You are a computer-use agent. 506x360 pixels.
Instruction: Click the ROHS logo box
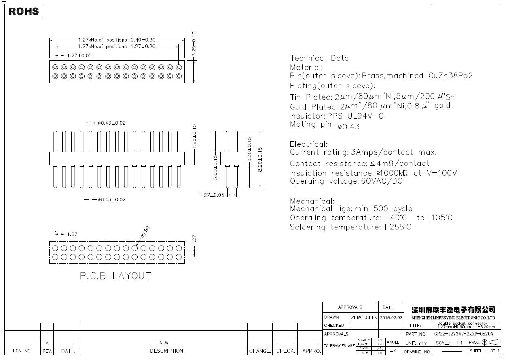pyautogui.click(x=24, y=11)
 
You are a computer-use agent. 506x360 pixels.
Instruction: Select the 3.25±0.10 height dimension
pyautogui.click(x=194, y=44)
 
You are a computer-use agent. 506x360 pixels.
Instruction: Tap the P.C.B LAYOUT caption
pyautogui.click(x=115, y=276)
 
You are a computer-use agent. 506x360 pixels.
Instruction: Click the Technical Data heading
pyautogui.click(x=319, y=58)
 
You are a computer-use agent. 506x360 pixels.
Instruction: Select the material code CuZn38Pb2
pyautogui.click(x=451, y=76)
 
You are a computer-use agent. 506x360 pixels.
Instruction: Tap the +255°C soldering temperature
pyautogui.click(x=397, y=227)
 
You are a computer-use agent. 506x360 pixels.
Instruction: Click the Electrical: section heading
pyautogui.click(x=309, y=144)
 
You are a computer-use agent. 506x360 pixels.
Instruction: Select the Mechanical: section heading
pyautogui.click(x=312, y=201)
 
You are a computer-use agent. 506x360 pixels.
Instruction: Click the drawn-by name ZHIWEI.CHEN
pyautogui.click(x=364, y=318)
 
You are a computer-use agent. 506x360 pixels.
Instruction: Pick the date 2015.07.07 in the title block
pyautogui.click(x=391, y=318)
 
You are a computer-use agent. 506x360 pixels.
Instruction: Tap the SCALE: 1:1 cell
pyautogui.click(x=449, y=343)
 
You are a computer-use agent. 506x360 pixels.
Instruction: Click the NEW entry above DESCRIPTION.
pyautogui.click(x=164, y=343)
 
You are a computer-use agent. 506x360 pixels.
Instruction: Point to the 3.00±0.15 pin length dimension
pyautogui.click(x=216, y=167)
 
